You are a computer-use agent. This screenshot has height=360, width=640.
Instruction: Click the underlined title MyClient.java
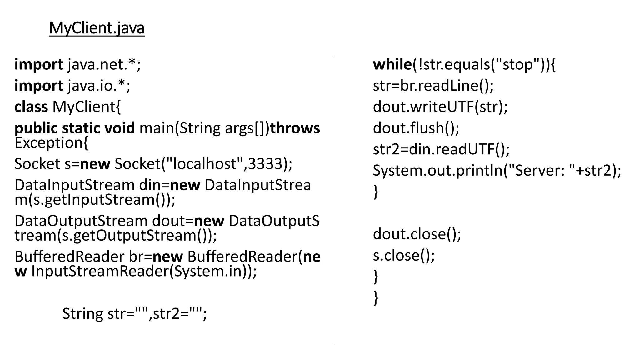click(x=97, y=28)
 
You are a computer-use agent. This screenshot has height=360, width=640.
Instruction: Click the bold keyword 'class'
click(x=31, y=107)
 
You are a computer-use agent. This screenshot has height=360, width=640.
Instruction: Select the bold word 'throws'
click(x=295, y=128)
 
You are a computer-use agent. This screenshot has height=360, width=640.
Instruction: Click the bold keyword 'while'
click(x=392, y=64)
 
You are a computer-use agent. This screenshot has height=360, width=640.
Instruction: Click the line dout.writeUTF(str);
click(x=440, y=107)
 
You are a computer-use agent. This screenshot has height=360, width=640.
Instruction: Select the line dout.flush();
click(x=416, y=128)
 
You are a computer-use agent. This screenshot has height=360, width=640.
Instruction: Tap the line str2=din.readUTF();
click(x=441, y=149)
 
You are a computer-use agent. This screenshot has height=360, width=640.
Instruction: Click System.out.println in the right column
click(x=438, y=171)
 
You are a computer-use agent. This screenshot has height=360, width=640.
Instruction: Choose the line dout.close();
click(x=417, y=234)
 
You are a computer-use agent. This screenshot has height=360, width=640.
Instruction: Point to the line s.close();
click(x=404, y=256)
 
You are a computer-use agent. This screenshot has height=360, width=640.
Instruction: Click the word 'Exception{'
click(x=51, y=143)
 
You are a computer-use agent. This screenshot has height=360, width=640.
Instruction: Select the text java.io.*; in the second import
click(x=99, y=86)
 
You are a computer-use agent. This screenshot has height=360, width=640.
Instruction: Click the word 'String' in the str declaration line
click(x=82, y=313)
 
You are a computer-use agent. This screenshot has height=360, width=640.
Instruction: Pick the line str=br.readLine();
click(x=433, y=86)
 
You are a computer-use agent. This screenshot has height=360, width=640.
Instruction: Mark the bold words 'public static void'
click(x=74, y=128)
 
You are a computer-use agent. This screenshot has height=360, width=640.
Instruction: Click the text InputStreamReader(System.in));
click(x=144, y=271)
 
